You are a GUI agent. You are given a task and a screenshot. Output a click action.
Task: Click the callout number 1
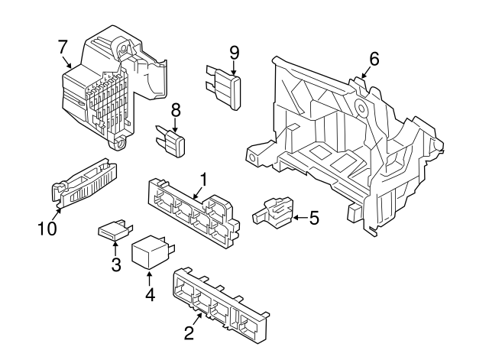coord(204,180)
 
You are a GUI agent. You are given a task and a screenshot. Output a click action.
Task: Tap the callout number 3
coord(116,265)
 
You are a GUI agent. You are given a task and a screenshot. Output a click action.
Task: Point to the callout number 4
coord(150,294)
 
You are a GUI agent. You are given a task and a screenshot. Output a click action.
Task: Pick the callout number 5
coord(313,219)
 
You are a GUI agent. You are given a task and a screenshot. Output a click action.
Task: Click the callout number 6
coord(373,59)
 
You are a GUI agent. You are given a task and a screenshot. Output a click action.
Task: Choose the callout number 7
coord(63,47)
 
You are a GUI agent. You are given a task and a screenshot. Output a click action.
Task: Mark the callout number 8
coord(175,110)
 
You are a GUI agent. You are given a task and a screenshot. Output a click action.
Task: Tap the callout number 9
coord(235,52)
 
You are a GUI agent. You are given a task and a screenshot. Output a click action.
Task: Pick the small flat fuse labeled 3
coord(115,231)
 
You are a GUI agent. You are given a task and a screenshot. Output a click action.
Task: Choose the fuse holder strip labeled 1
coord(195,211)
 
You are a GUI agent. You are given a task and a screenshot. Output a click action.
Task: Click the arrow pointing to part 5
coord(298,219)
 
